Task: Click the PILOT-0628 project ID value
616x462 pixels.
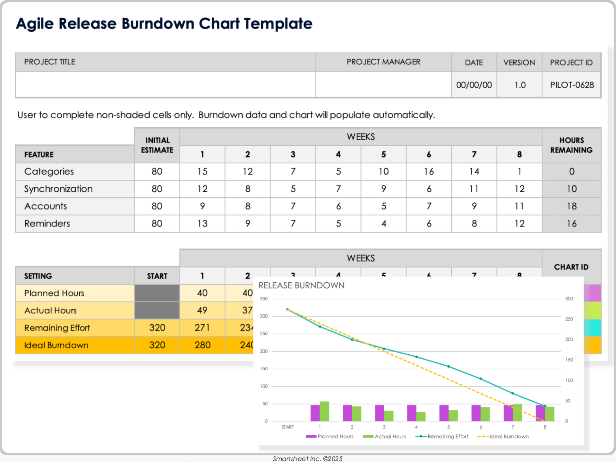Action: coord(572,85)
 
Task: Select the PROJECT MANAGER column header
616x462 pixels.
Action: coord(383,62)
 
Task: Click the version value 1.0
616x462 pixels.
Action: coord(520,85)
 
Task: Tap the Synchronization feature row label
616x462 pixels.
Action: coord(58,189)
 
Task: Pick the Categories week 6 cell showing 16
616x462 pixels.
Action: coord(429,172)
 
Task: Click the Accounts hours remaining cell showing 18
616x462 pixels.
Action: coord(571,206)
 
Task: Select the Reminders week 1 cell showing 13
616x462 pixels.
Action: coord(202,224)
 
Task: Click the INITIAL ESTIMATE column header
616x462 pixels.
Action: coord(157,145)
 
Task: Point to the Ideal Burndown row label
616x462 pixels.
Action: coord(56,346)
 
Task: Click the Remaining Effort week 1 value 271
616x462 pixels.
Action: coord(202,328)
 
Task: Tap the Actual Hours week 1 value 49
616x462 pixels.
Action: coord(202,311)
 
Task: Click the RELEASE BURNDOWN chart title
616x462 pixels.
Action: coord(301,286)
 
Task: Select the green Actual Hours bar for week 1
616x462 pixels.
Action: coord(324,412)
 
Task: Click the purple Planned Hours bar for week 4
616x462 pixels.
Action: coord(412,413)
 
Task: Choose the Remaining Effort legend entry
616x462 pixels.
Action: coord(448,437)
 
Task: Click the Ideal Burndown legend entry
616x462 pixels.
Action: coord(509,437)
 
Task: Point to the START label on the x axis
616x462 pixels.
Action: coord(287,427)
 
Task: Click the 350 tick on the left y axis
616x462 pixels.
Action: coord(264,299)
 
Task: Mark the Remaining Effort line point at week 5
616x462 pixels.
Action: coord(449,366)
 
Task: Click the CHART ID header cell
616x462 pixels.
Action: coord(571,267)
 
